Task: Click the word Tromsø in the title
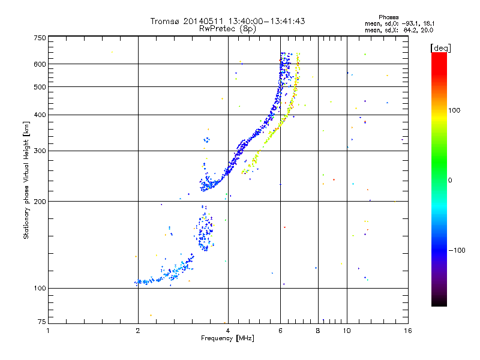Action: click(166, 21)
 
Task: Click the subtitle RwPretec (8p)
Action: click(227, 28)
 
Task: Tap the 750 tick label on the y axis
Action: click(40, 38)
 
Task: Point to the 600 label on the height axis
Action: click(40, 64)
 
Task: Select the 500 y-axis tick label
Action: click(40, 87)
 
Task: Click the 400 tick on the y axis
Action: click(40, 115)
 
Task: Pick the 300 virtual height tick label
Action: click(40, 151)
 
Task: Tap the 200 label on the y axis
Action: click(40, 202)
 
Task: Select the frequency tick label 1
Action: click(49, 331)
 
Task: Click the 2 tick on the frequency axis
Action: click(138, 331)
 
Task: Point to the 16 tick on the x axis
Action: click(407, 331)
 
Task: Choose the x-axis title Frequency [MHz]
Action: click(227, 338)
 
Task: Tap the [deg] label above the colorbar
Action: click(441, 47)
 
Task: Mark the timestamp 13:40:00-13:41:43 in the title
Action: click(263, 21)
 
